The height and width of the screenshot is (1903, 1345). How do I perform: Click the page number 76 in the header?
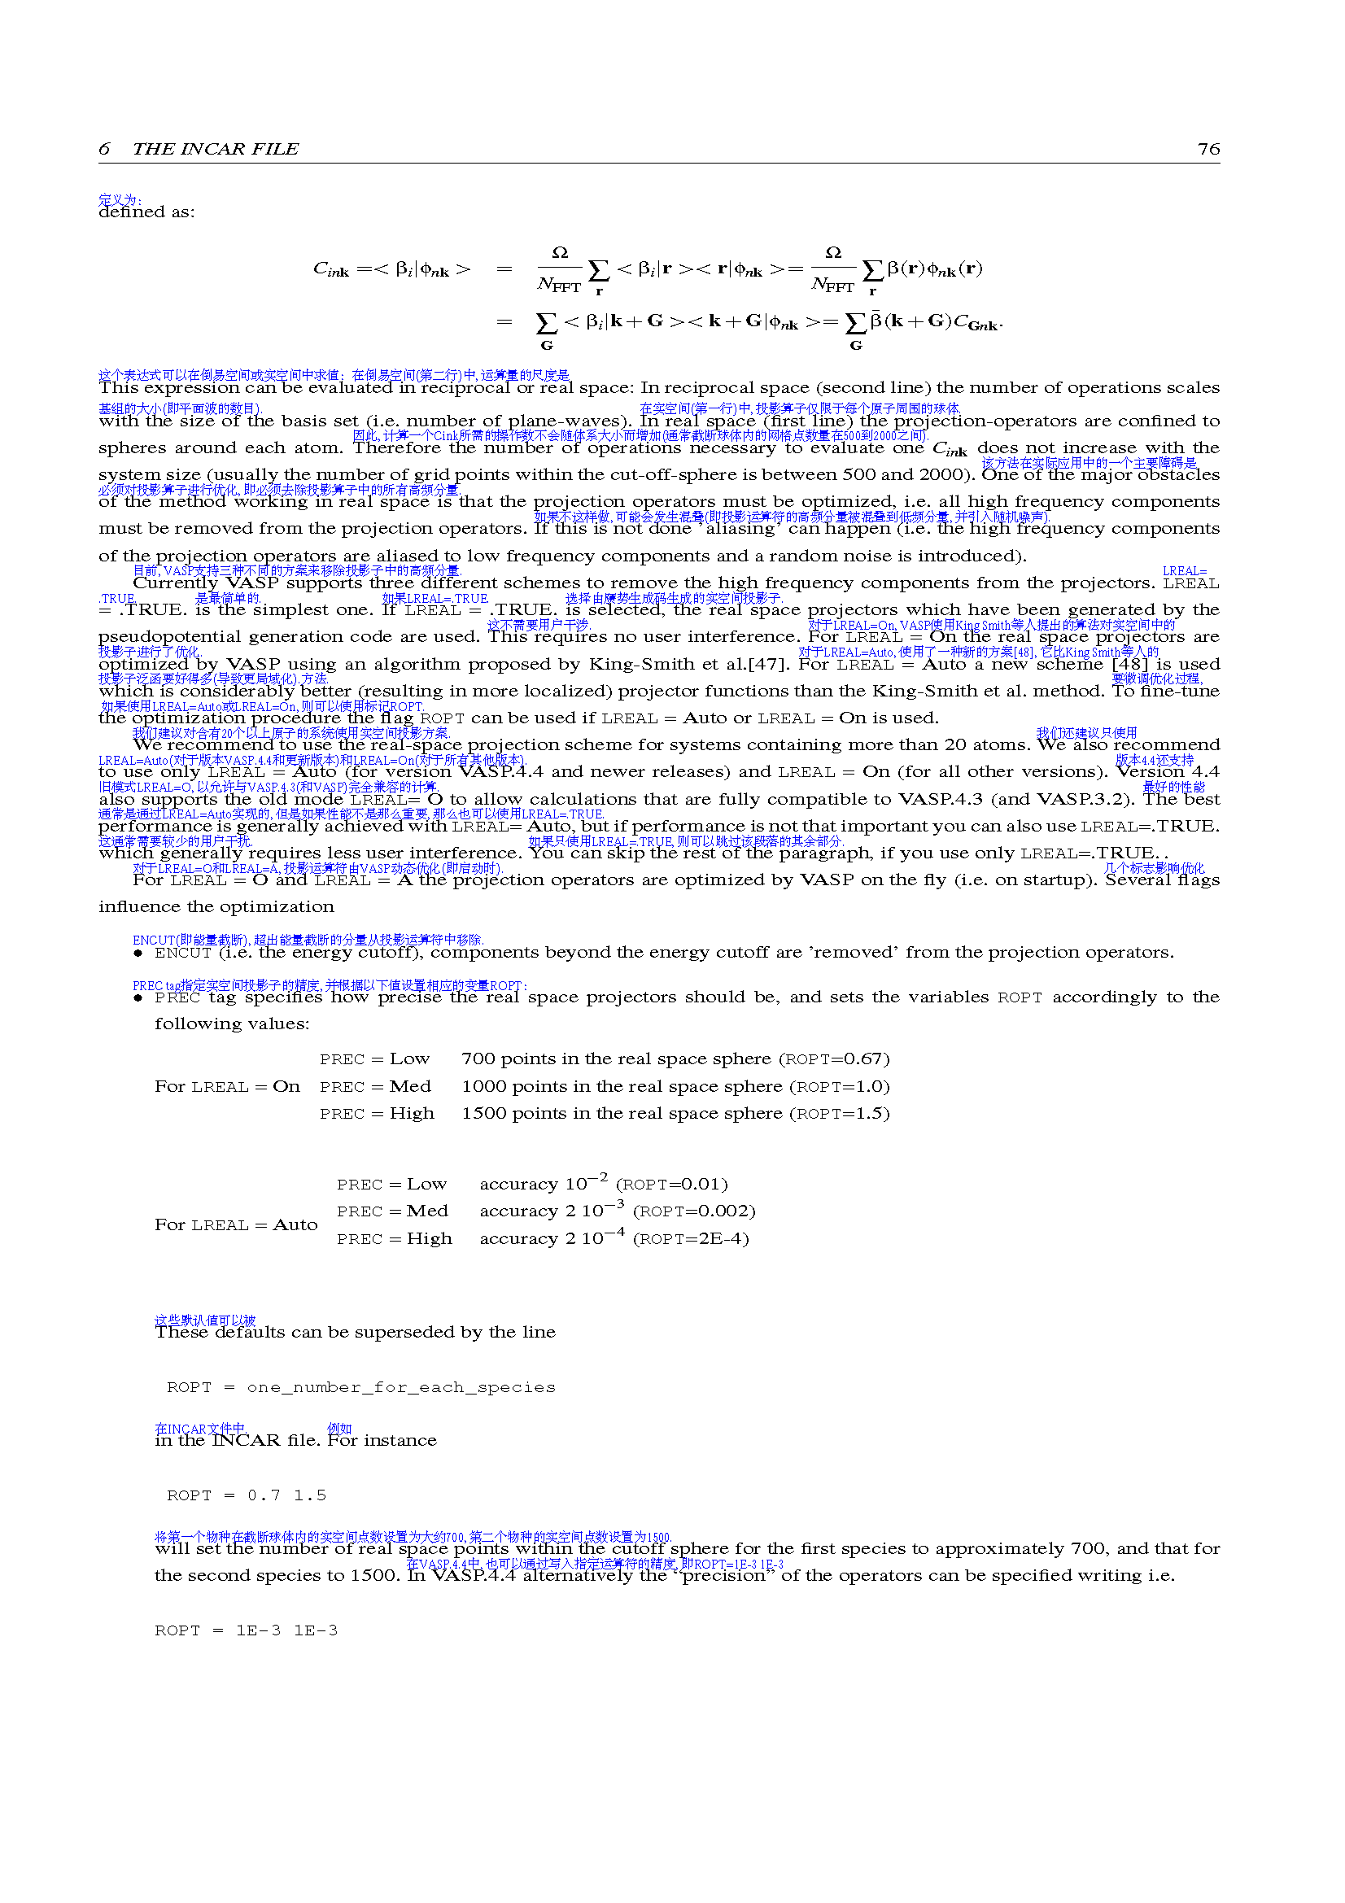click(1208, 149)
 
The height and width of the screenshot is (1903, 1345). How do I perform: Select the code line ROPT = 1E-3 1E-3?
click(246, 1631)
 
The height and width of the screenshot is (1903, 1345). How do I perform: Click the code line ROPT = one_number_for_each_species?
click(360, 1388)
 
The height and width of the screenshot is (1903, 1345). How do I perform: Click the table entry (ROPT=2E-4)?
click(690, 1239)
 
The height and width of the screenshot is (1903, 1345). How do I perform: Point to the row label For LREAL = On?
click(227, 1087)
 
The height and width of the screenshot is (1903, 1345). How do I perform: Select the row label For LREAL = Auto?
click(235, 1225)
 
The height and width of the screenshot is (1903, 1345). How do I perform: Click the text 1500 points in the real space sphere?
click(622, 1114)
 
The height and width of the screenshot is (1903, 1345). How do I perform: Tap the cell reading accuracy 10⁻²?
click(543, 1183)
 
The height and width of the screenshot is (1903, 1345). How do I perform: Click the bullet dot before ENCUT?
click(138, 954)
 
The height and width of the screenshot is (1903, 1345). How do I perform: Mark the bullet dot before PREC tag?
click(138, 998)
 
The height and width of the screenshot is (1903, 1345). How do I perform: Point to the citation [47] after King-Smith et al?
click(778, 665)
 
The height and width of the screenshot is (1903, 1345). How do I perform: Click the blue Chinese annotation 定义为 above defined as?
click(120, 201)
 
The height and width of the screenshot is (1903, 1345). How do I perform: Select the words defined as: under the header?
click(146, 212)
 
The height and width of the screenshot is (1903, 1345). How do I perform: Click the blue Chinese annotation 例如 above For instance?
click(339, 1429)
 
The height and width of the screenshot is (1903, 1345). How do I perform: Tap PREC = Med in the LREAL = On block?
click(375, 1087)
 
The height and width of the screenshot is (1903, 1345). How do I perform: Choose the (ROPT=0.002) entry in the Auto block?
click(693, 1211)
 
